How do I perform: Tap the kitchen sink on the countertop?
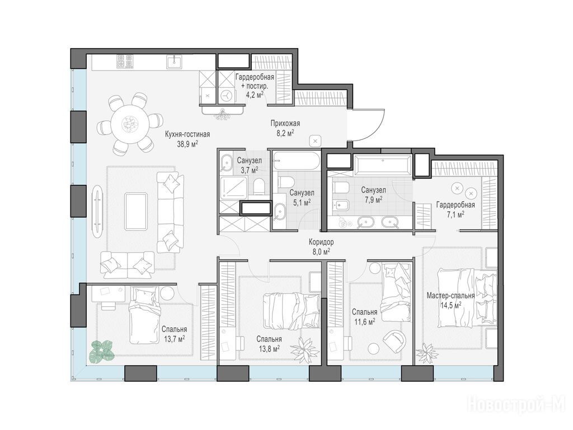[175, 62]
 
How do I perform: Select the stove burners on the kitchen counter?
[125, 61]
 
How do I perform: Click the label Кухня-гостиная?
[187, 134]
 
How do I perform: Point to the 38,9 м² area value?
[187, 143]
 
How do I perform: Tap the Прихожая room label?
[285, 124]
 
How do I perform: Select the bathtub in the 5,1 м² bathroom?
[296, 161]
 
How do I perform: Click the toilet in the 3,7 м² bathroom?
[259, 186]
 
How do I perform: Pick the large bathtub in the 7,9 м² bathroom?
[383, 165]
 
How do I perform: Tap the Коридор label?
[321, 242]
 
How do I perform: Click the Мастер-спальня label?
[450, 296]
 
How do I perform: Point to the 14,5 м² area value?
[450, 305]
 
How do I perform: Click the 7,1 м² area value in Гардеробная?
[455, 214]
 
